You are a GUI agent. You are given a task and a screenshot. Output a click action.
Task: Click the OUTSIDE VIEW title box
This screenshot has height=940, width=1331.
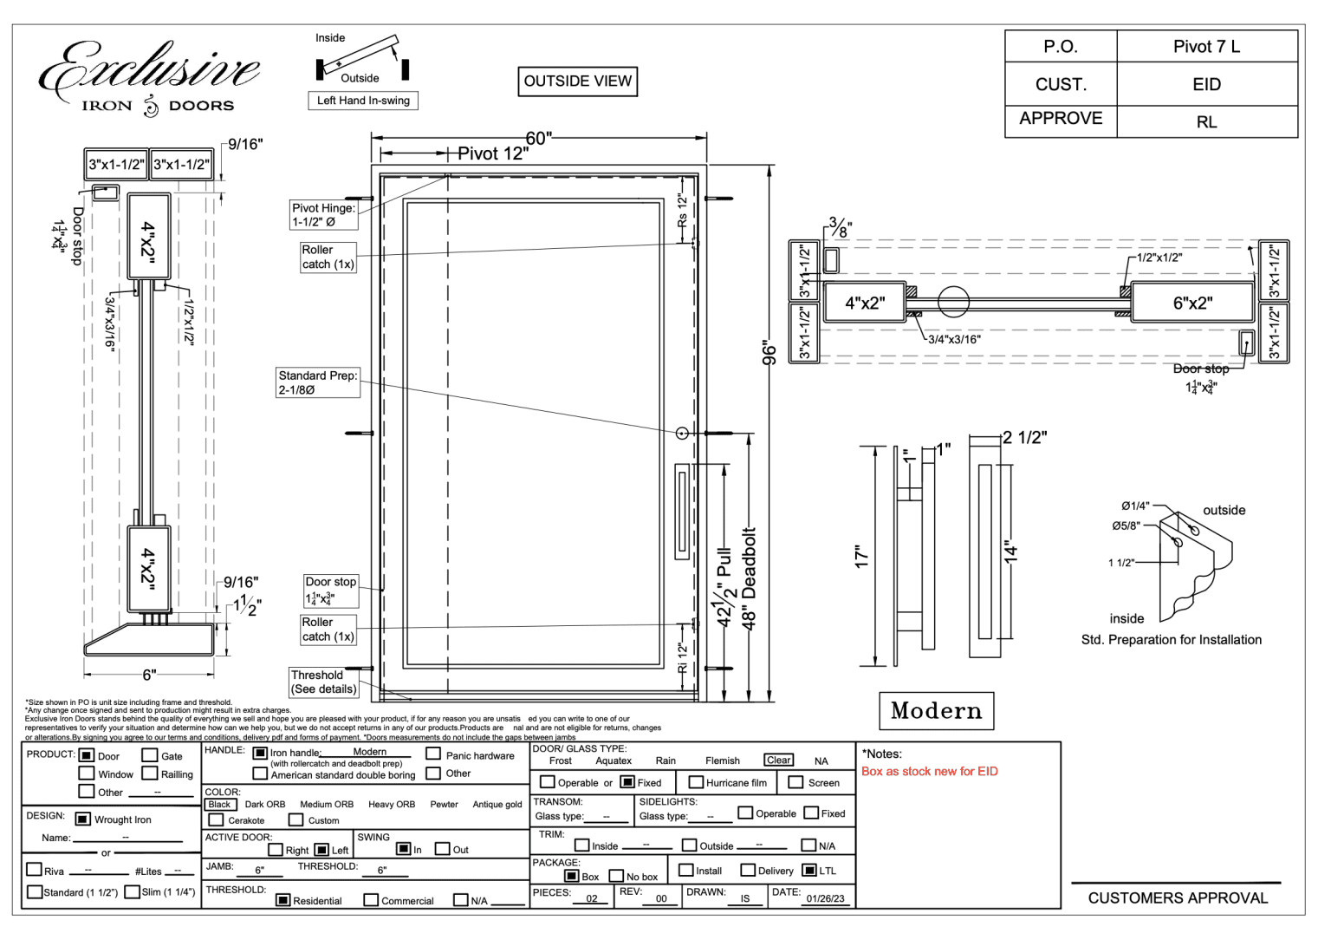pos(577,82)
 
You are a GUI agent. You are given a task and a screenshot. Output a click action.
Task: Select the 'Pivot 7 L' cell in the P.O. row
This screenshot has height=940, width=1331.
pos(1206,47)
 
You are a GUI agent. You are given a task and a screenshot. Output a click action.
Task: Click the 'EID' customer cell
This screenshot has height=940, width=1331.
pos(1206,84)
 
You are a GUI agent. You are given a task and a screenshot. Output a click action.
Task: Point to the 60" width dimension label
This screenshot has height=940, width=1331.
pos(538,139)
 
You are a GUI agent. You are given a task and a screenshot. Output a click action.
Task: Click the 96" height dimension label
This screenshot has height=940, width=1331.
pos(769,353)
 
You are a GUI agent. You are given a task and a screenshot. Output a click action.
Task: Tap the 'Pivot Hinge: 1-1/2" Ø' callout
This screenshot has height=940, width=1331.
pos(323,215)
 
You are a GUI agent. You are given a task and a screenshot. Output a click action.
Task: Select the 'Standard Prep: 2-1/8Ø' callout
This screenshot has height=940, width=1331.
pos(317,382)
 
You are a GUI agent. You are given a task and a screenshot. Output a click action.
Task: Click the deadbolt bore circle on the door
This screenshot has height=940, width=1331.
pos(682,433)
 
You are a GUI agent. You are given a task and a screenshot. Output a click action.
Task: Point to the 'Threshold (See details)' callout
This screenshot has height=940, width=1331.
pos(323,682)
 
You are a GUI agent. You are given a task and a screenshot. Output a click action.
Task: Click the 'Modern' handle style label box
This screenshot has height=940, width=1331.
pos(936,711)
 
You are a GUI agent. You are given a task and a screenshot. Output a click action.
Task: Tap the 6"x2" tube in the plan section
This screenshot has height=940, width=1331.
pos(1192,304)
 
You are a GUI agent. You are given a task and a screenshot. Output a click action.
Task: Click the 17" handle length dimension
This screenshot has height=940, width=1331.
pos(861,557)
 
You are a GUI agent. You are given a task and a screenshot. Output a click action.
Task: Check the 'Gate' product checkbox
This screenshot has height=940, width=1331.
pos(150,755)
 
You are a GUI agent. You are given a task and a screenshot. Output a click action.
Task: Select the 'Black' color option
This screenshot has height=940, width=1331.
pos(220,805)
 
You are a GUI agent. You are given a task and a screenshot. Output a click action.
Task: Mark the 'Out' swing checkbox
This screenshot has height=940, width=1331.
pos(442,849)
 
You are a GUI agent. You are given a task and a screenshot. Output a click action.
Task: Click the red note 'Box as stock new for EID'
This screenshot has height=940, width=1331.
pos(929,771)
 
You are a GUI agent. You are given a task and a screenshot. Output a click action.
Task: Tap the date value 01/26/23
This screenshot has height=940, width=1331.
pos(824,898)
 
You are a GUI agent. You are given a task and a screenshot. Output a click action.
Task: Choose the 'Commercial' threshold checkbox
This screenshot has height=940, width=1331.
pos(371,900)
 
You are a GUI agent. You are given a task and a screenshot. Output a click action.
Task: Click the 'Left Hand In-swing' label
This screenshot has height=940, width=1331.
pos(363,101)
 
